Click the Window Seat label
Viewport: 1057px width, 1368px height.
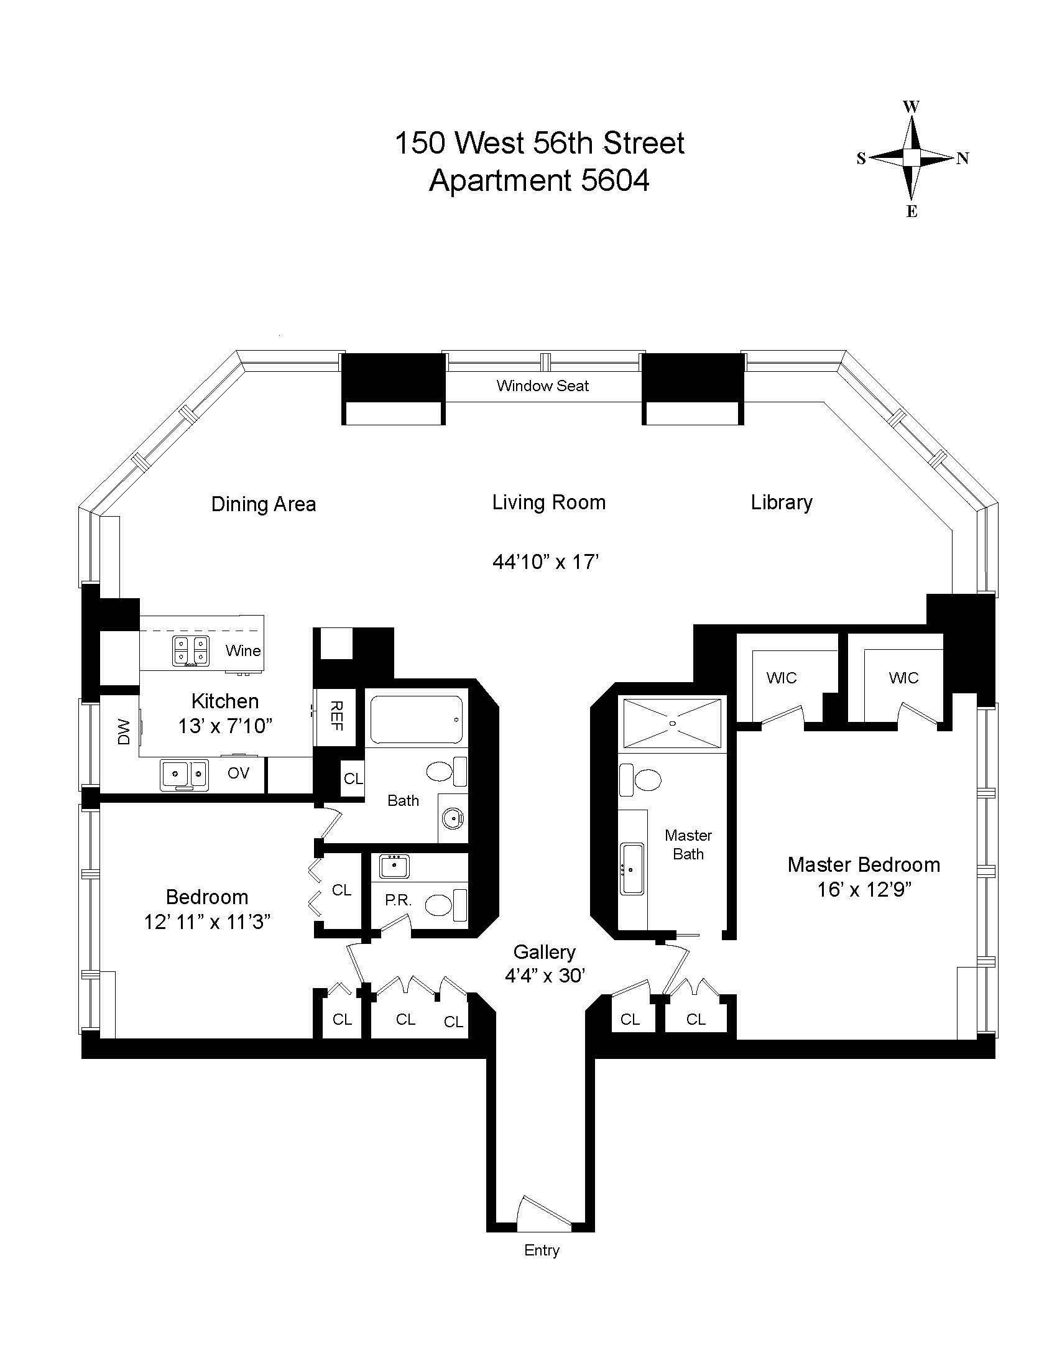click(x=542, y=386)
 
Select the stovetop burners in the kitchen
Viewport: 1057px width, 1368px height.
click(x=191, y=651)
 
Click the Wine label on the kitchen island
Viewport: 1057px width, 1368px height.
click(x=243, y=650)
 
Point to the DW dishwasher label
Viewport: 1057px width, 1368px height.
click(x=124, y=732)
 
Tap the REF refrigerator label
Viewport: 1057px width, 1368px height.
click(x=336, y=716)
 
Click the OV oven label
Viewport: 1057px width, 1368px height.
click(x=238, y=773)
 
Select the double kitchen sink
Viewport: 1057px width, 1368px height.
click(x=183, y=775)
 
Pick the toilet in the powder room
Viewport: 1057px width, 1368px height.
click(x=446, y=905)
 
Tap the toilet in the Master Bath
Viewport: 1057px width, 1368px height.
click(x=640, y=780)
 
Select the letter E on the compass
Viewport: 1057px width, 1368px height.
click(x=912, y=211)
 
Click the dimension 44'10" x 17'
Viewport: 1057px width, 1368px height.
click(x=546, y=562)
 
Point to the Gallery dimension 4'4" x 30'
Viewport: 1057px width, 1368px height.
click(x=545, y=975)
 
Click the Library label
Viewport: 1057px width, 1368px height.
click(x=782, y=503)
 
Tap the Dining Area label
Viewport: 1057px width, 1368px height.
click(x=264, y=504)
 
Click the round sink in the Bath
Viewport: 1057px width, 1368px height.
click(x=452, y=818)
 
